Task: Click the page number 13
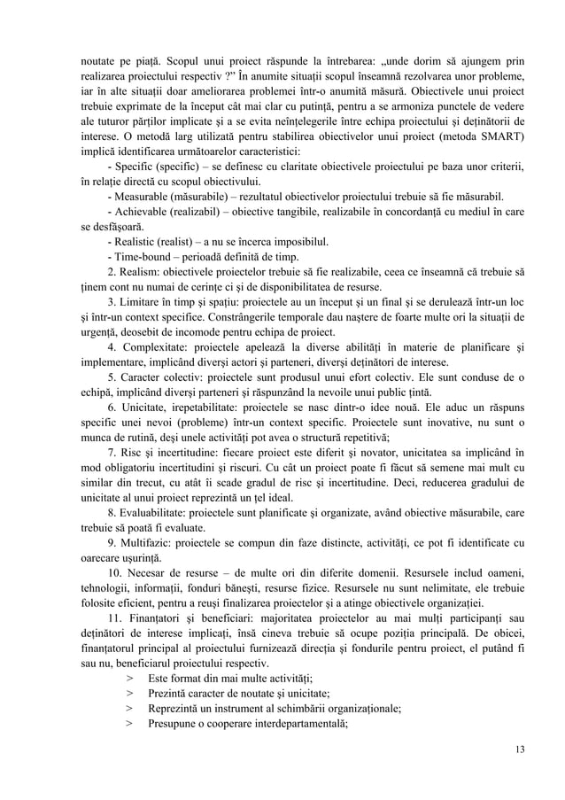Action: click(x=519, y=750)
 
